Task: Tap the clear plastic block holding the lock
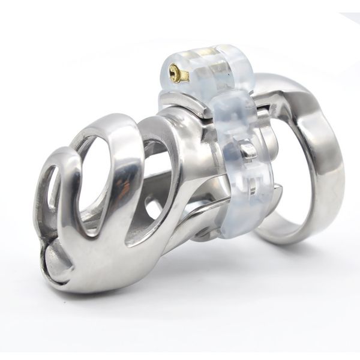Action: [x=198, y=66]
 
